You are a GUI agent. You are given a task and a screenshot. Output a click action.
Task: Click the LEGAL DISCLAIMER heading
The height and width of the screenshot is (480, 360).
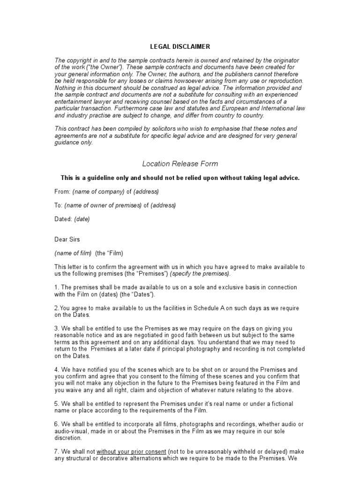point(180,46)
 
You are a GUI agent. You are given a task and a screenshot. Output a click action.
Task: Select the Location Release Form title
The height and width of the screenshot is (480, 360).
point(180,164)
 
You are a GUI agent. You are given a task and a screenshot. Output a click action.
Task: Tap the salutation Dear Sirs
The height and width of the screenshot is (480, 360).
point(67,239)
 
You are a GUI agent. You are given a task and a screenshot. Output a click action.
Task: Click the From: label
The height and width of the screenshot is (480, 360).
point(62,191)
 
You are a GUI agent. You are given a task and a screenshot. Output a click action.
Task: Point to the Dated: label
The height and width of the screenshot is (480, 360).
point(64,219)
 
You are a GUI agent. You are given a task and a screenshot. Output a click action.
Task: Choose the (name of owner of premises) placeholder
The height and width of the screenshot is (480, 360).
point(103,205)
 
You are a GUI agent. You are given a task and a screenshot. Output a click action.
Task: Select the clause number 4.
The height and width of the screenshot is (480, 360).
point(56,370)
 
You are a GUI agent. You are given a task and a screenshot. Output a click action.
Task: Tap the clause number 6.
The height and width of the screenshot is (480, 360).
point(56,424)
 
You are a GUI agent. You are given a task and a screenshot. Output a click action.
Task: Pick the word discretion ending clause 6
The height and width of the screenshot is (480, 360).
point(68,438)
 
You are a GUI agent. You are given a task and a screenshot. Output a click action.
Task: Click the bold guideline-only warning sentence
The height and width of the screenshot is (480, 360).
point(180,178)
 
